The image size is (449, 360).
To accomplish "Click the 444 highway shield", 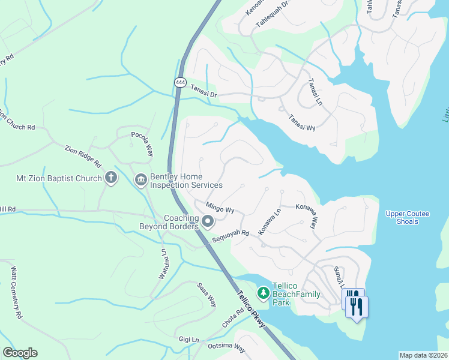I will [x=180, y=82].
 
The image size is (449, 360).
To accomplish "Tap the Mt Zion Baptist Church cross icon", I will [x=110, y=178].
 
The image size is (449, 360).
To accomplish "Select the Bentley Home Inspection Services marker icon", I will [x=141, y=179].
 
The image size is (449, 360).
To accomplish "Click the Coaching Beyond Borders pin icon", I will [x=208, y=223].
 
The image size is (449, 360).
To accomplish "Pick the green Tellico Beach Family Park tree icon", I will [x=263, y=293].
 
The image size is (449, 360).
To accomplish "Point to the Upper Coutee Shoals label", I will [x=403, y=217].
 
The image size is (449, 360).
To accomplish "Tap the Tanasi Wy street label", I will [x=301, y=122].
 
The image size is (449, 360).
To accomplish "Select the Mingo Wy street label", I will [x=220, y=209].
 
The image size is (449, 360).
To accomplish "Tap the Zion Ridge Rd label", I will [x=83, y=155].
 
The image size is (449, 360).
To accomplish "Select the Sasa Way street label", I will [x=206, y=294].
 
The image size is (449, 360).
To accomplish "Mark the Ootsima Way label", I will [x=227, y=348].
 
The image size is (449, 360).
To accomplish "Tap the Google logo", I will [x=20, y=353].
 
